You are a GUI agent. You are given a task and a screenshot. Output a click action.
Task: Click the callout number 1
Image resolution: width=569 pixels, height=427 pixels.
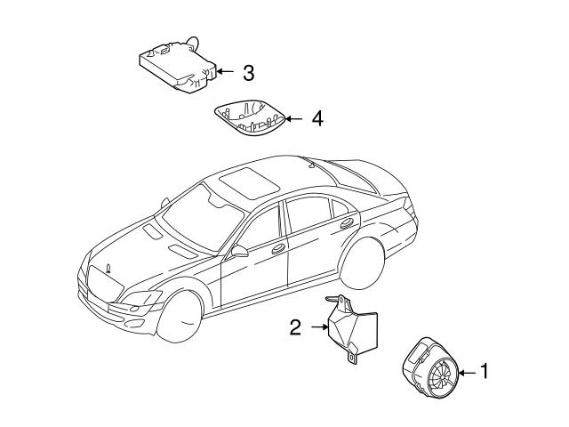pos(485,371)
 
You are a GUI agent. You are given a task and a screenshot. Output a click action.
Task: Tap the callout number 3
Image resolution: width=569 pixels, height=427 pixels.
pos(248,71)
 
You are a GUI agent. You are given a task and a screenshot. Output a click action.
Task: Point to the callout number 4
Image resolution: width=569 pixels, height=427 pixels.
pos(317,117)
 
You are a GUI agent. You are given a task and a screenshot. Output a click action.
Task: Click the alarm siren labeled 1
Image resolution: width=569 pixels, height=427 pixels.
pos(431,367)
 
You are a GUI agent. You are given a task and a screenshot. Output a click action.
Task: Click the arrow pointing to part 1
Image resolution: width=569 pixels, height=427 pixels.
pos(467,371)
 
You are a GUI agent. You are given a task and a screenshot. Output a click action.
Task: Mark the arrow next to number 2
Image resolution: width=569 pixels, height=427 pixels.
pos(317,328)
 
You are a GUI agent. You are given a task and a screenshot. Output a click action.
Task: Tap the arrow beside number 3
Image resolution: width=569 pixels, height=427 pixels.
pos(226,71)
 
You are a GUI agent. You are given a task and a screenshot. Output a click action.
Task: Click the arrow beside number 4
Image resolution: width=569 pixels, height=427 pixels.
pos(294,117)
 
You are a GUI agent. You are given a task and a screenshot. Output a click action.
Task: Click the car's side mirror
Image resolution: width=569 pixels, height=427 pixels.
pos(239,253)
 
